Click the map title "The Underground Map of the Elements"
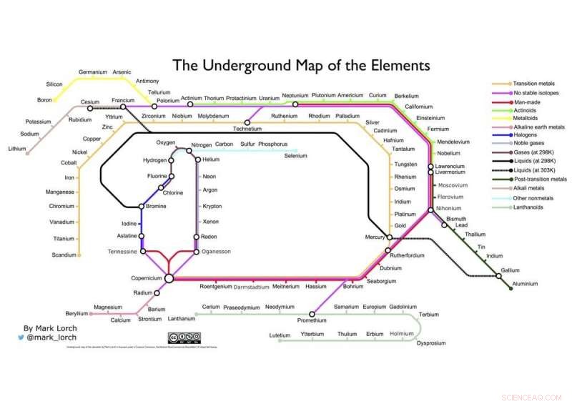click(302, 66)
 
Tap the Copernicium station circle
click(169, 278)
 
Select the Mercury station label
click(375, 237)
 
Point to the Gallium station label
click(510, 270)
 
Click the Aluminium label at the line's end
click(525, 285)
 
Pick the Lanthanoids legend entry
click(530, 207)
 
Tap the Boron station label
click(44, 99)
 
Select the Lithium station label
click(17, 149)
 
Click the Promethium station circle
click(312, 313)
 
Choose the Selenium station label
click(300, 155)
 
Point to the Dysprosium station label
click(431, 343)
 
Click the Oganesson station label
click(215, 252)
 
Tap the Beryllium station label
click(77, 313)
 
